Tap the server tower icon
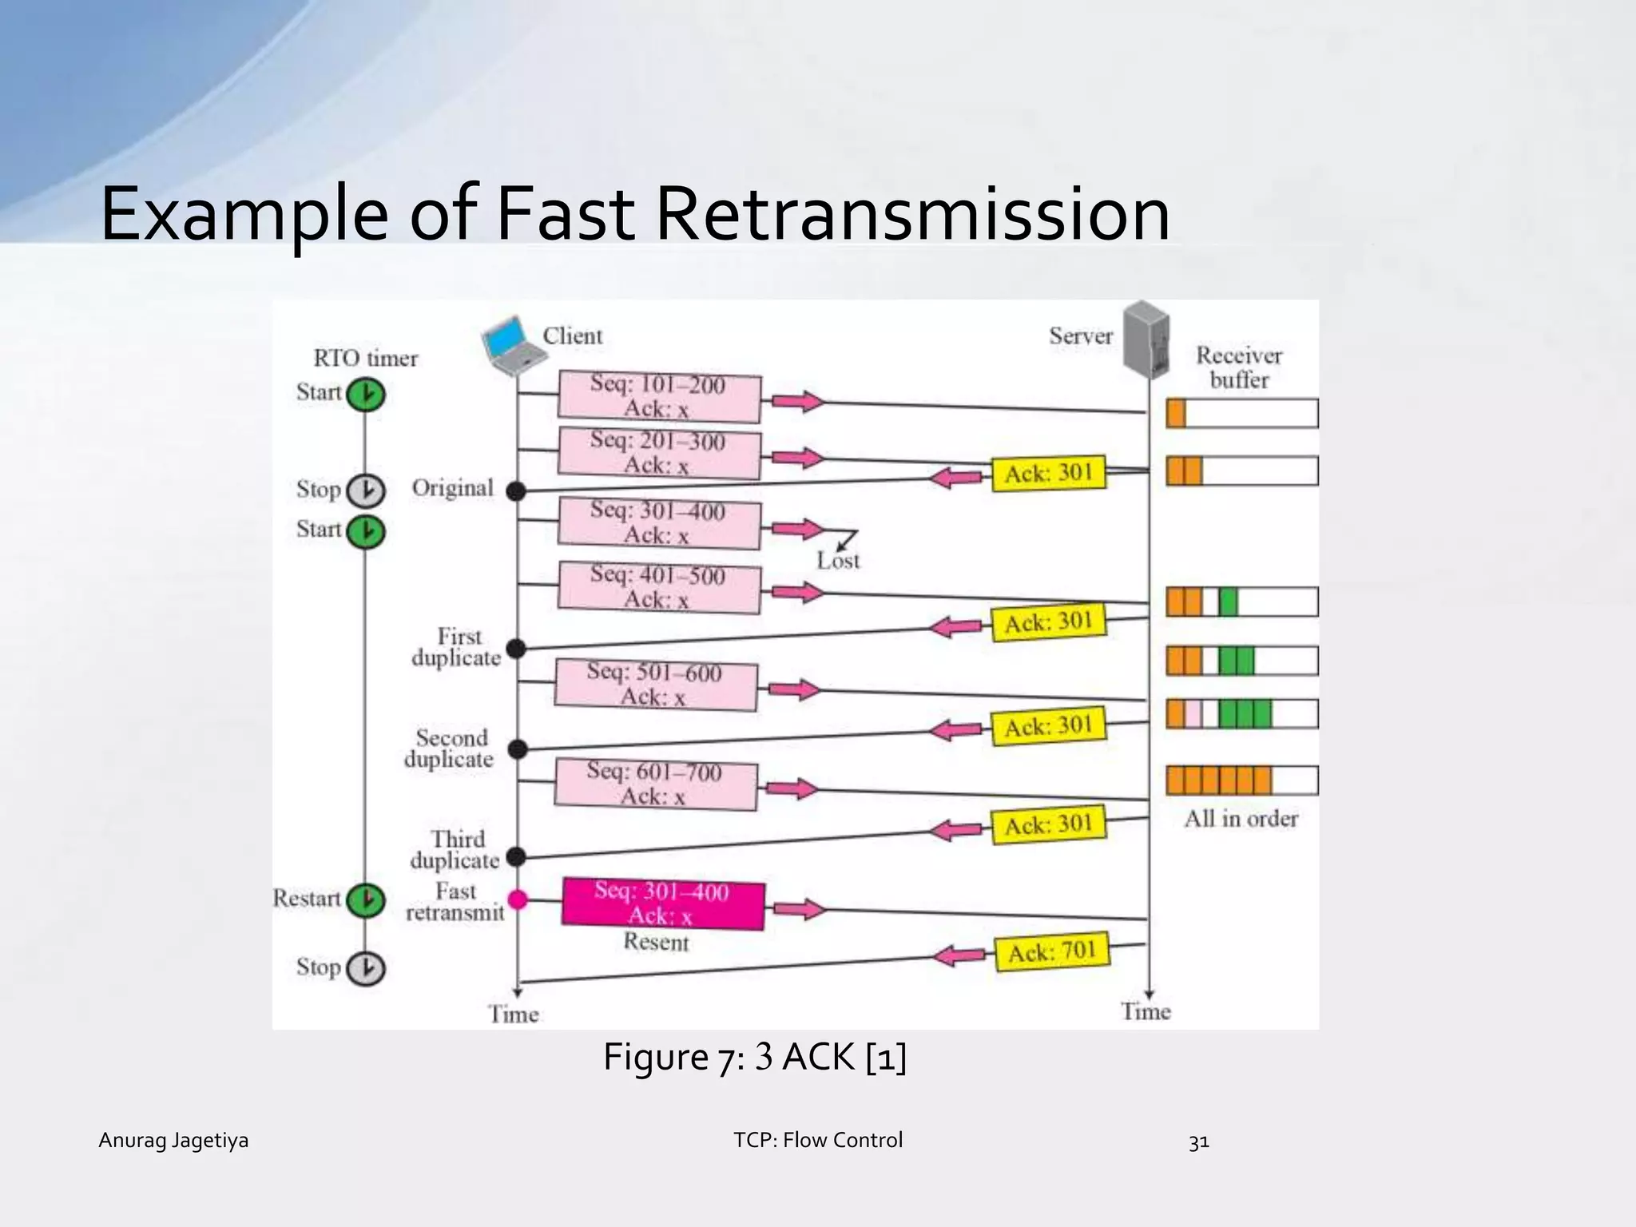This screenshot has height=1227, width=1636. (x=1146, y=340)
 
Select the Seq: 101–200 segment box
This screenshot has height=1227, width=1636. (x=658, y=397)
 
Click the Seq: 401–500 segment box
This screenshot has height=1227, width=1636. (x=658, y=588)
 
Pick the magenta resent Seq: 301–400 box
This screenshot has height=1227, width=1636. (x=662, y=904)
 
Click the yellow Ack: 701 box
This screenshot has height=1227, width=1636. (x=1052, y=952)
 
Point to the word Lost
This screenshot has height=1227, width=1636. (x=838, y=561)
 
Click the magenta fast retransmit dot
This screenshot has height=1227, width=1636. (x=518, y=900)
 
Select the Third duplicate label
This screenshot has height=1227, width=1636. (x=456, y=850)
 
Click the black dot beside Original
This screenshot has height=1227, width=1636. (x=517, y=491)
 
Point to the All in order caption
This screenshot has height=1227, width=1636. (x=1241, y=819)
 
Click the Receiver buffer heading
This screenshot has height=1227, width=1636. (x=1239, y=367)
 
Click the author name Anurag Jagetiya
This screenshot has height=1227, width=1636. (x=173, y=1140)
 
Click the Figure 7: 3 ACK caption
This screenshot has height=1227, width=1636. (x=754, y=1057)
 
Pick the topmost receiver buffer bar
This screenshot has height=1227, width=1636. (x=1241, y=413)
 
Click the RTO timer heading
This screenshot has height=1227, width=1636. (x=365, y=358)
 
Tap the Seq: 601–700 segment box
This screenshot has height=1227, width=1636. (x=655, y=784)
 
